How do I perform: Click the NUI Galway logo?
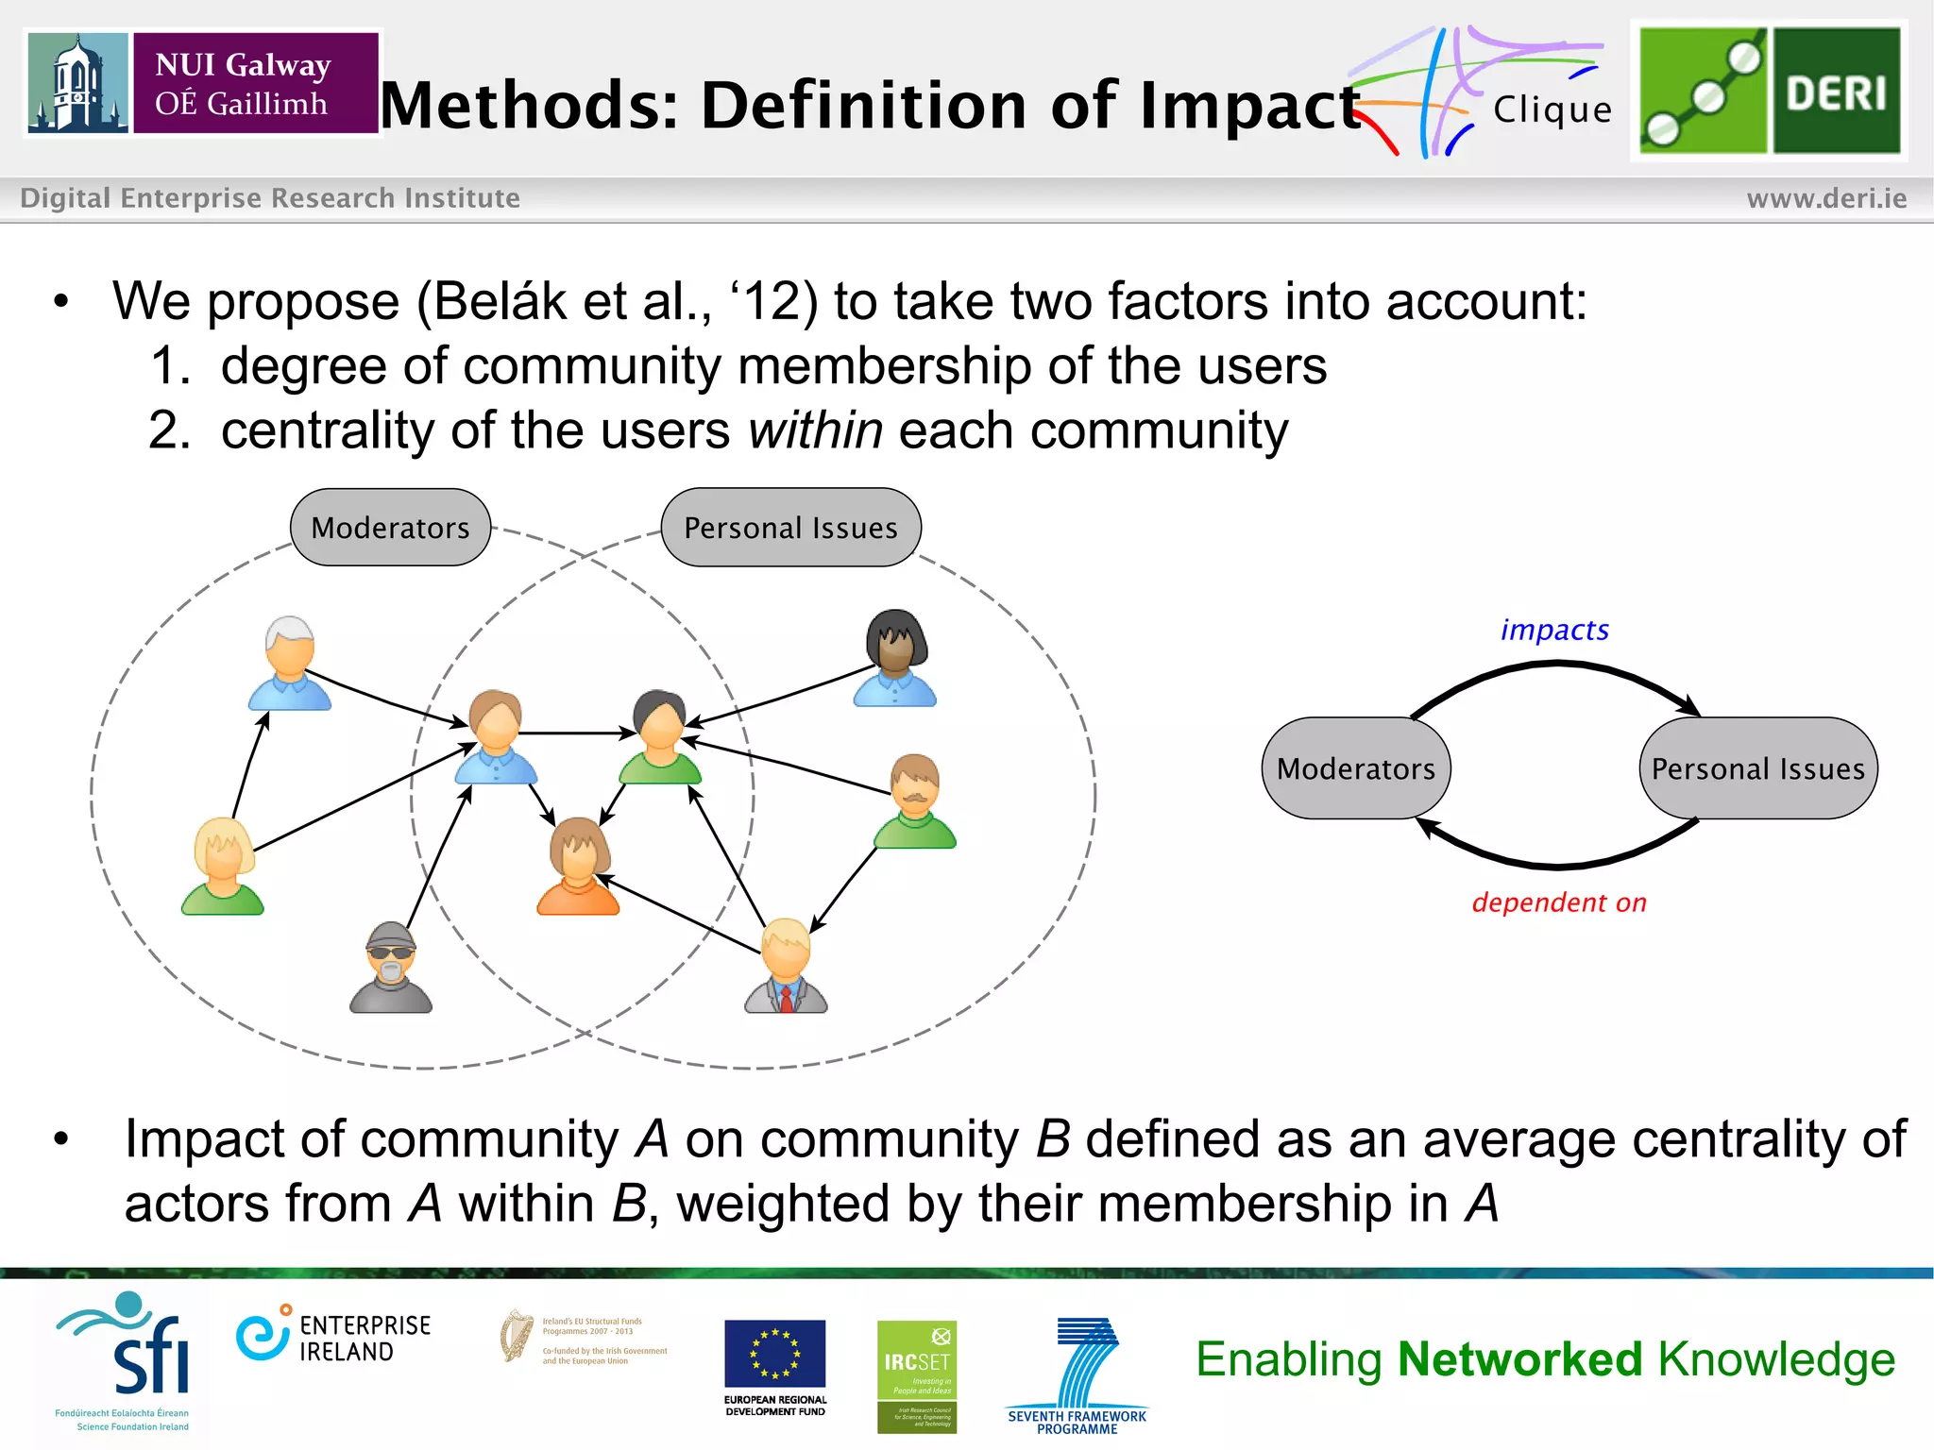(203, 83)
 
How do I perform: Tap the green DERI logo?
(1769, 91)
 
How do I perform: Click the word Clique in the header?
(1552, 110)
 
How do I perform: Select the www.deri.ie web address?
(1825, 198)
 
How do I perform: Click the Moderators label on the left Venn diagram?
(390, 528)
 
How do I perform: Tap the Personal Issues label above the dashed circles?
(790, 528)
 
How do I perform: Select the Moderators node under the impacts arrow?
(1356, 768)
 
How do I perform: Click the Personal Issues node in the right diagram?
(1758, 768)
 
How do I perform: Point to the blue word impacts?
(1554, 630)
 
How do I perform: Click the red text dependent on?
(1559, 902)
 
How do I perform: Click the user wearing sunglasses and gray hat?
(391, 968)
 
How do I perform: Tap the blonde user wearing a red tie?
(786, 966)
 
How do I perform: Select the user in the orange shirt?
(578, 867)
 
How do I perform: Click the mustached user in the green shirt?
(914, 801)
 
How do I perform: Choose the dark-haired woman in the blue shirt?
(895, 659)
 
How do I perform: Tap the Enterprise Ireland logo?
(333, 1337)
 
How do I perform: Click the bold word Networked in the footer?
(1520, 1359)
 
